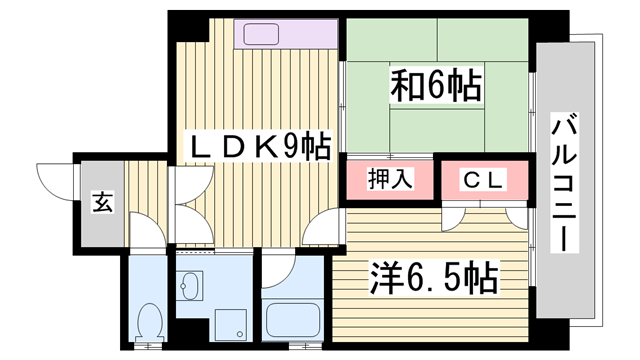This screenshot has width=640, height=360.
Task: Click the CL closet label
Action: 484,181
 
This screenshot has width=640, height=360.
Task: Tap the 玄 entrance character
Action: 102,202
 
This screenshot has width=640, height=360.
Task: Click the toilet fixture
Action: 149,321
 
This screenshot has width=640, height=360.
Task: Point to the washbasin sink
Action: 190,289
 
